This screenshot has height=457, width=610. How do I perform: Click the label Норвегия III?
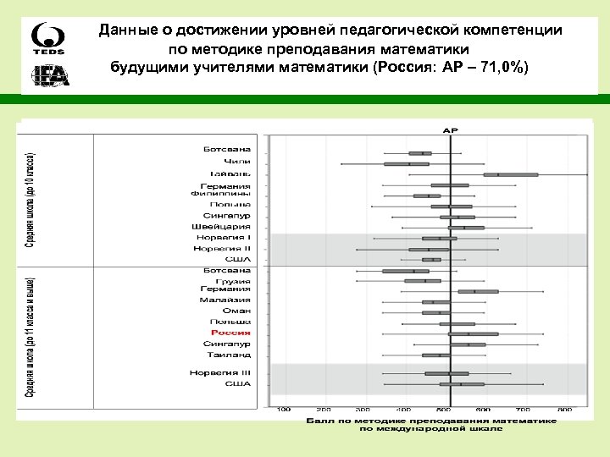coord(221,372)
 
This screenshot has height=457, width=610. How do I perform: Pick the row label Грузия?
coord(231,279)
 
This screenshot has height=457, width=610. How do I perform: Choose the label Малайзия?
coord(225,300)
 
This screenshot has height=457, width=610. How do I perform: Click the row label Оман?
coord(236,311)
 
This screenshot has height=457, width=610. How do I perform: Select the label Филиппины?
coord(220,194)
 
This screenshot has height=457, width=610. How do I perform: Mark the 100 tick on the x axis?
coord(284,410)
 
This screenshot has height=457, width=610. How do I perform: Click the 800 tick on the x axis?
coord(565,410)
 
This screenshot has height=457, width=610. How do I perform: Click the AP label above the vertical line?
coord(449,130)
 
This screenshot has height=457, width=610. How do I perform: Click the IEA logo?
coord(50,76)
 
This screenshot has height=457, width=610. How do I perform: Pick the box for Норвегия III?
coord(446,373)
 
